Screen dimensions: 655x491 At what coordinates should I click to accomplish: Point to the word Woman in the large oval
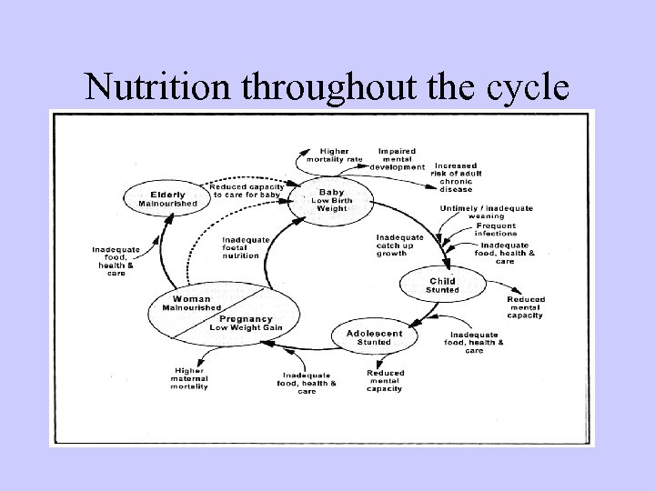191,299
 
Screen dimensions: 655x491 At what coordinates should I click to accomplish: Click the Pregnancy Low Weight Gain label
245,323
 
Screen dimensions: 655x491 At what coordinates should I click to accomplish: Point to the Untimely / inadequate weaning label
486,212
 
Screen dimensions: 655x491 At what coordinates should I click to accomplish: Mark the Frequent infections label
495,229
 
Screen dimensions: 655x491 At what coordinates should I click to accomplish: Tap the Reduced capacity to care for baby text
246,190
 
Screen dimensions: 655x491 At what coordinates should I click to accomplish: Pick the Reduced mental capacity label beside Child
525,307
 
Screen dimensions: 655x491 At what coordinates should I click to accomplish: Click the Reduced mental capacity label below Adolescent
386,382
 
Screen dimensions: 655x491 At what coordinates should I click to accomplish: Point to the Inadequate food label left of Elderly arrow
116,260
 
